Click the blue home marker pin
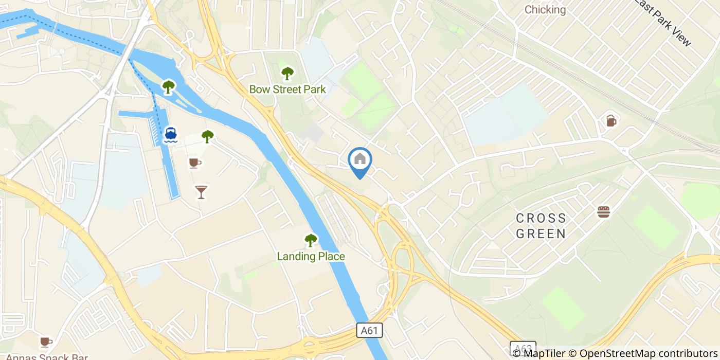[x=360, y=160]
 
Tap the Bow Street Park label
[x=287, y=89]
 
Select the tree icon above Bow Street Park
[x=287, y=74]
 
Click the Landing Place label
[x=311, y=256]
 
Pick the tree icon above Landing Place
[x=311, y=240]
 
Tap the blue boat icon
[x=171, y=135]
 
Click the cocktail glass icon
[x=201, y=192]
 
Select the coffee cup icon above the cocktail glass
[x=194, y=163]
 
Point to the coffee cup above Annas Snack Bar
[x=46, y=341]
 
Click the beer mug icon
[x=610, y=120]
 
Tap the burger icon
[x=603, y=211]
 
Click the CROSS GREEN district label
[x=541, y=226]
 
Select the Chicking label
[x=545, y=10]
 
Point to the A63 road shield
[x=523, y=350]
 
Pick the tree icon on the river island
[x=168, y=86]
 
